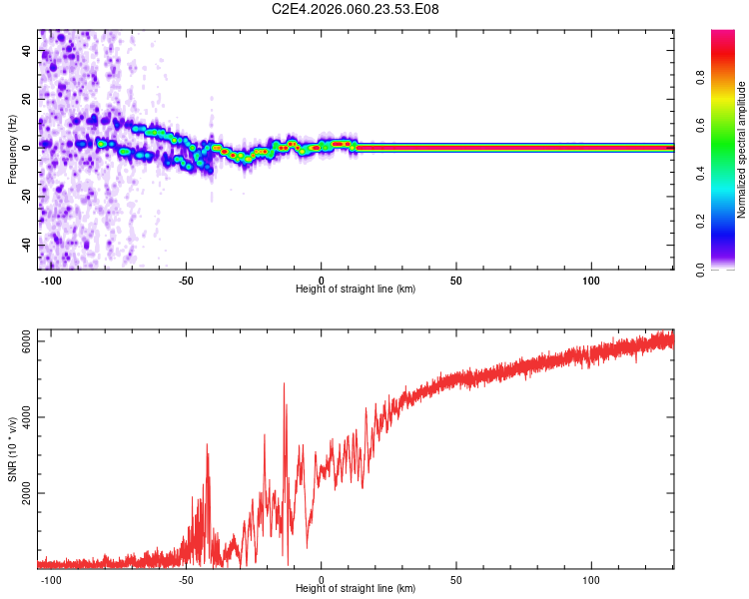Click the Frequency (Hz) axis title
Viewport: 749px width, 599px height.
point(12,150)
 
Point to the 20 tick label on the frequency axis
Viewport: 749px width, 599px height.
point(27,100)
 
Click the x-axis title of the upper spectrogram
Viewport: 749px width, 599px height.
point(356,289)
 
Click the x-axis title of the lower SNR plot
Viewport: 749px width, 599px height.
point(356,588)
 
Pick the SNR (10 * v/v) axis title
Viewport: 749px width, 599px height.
point(12,449)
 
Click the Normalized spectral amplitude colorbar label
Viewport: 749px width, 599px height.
point(741,150)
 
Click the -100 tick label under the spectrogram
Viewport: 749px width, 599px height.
point(51,280)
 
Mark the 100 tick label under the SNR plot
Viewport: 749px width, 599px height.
point(590,579)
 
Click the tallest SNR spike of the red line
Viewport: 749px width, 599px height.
point(285,383)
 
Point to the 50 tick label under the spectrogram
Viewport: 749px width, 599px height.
point(455,280)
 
